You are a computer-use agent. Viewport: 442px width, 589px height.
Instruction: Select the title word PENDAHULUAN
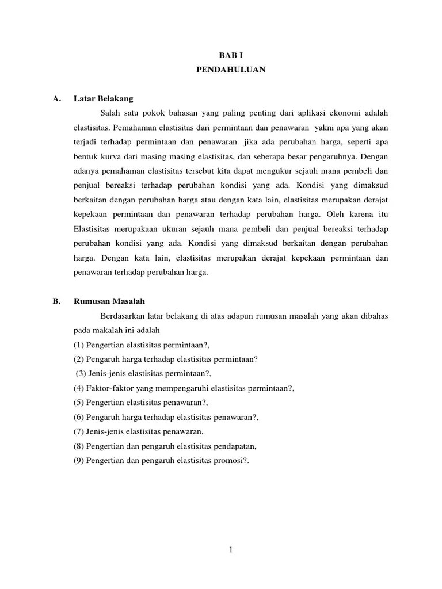point(230,71)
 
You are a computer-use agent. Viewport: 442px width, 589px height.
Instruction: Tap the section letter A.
point(56,99)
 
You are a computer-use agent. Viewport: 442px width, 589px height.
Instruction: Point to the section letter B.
point(56,300)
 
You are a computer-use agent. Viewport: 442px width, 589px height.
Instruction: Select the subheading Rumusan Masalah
point(109,300)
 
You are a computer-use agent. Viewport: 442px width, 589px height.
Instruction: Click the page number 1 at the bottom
point(230,550)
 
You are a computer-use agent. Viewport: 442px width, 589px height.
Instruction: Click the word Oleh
point(335,214)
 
